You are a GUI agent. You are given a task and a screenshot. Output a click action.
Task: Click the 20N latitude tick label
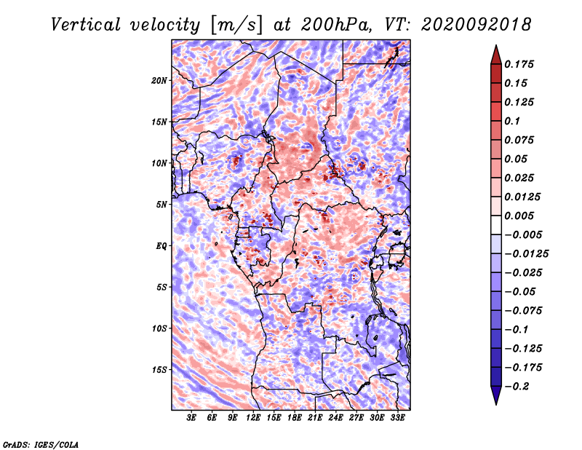(159, 81)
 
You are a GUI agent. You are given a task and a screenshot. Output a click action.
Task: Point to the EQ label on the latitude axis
(162, 246)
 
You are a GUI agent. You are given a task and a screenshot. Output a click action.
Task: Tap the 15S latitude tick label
(159, 370)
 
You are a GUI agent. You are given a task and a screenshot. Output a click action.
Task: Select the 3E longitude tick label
(191, 418)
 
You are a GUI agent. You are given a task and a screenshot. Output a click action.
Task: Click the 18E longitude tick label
(295, 418)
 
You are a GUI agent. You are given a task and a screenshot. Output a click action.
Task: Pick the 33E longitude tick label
(397, 418)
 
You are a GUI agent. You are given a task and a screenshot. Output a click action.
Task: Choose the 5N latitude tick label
(162, 205)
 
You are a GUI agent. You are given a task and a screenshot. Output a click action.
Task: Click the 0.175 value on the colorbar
(519, 64)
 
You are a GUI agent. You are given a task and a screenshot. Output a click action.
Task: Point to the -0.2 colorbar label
(517, 387)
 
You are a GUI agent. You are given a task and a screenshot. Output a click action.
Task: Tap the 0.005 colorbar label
(519, 216)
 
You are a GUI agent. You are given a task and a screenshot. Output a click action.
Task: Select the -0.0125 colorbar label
(526, 254)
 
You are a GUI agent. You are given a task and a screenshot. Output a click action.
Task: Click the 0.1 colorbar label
(512, 121)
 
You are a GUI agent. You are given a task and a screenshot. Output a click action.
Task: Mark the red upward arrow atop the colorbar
(496, 55)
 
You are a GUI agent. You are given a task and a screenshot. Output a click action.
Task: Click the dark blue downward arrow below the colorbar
(496, 395)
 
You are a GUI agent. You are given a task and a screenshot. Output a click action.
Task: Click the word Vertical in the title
(86, 25)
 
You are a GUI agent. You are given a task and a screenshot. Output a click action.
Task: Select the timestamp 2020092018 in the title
(477, 25)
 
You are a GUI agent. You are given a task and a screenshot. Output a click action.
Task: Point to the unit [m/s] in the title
(236, 25)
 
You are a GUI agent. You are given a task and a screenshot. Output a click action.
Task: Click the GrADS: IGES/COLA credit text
(41, 445)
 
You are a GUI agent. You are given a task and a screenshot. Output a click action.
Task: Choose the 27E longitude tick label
(356, 418)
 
